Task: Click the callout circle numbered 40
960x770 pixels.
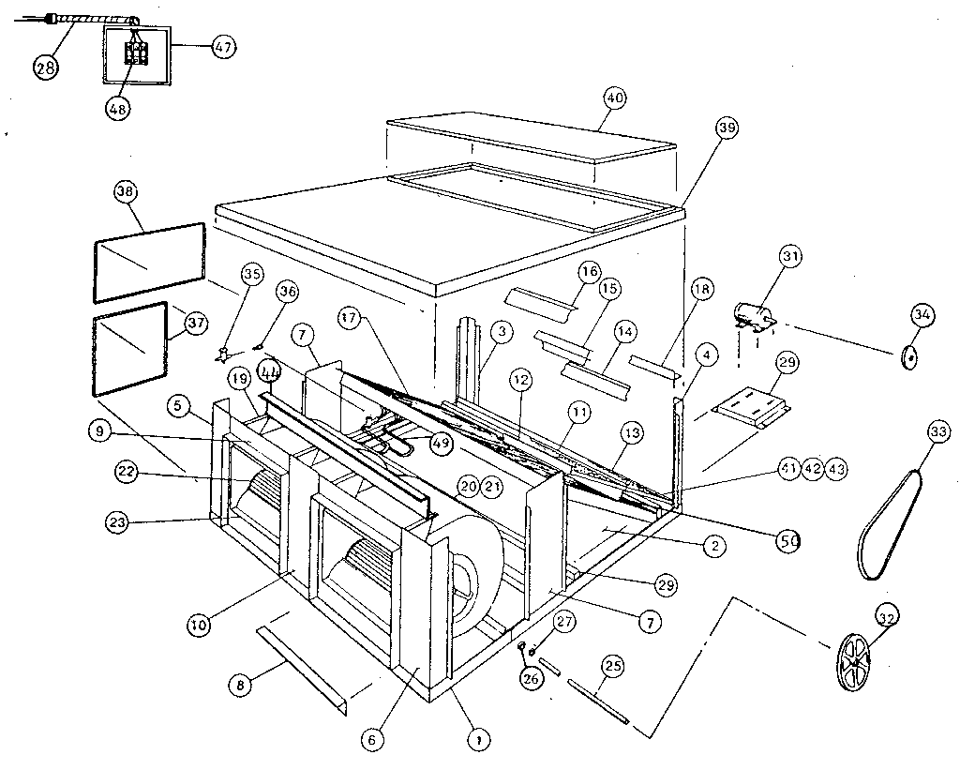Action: click(x=614, y=98)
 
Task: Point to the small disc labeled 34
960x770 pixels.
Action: click(x=907, y=356)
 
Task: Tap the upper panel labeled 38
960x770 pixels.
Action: click(x=148, y=263)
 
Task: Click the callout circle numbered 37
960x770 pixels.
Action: click(x=196, y=324)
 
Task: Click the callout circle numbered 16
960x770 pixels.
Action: click(x=588, y=273)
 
